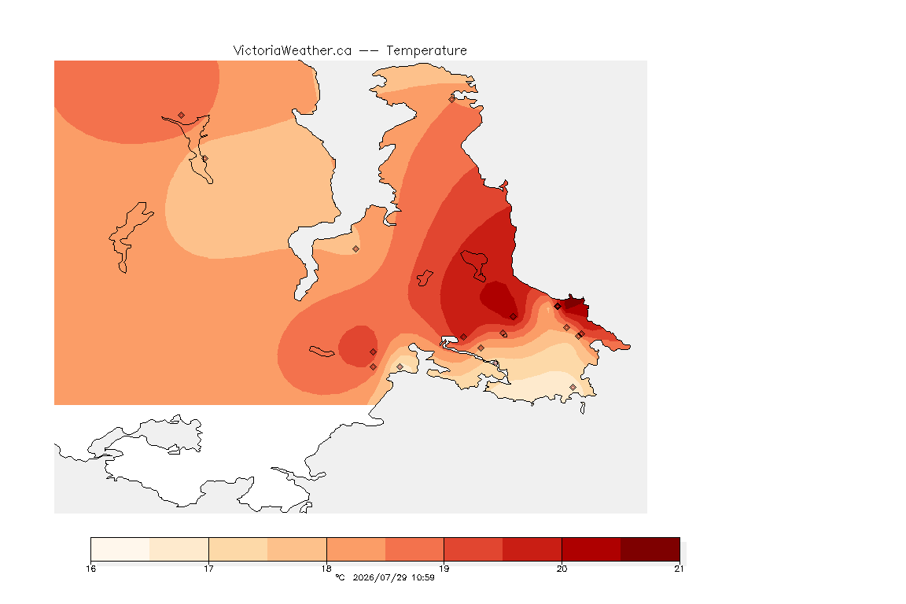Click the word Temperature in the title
click(x=426, y=51)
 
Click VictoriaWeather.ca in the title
click(x=293, y=51)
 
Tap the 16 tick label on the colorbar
click(x=90, y=569)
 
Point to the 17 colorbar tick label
click(x=208, y=569)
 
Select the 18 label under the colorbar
click(x=326, y=569)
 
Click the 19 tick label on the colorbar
click(x=444, y=569)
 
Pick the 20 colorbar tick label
click(x=562, y=569)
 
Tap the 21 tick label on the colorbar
click(x=679, y=569)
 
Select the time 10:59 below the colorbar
click(x=423, y=577)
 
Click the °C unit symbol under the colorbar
click(x=340, y=577)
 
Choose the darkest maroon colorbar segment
click(x=650, y=549)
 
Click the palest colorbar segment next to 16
click(x=120, y=549)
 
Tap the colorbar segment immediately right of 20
click(x=591, y=549)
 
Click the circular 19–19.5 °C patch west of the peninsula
click(x=358, y=346)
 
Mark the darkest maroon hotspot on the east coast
click(x=576, y=304)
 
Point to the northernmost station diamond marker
click(x=452, y=99)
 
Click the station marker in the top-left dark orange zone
click(x=182, y=116)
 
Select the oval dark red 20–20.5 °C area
click(x=499, y=299)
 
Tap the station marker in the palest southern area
click(x=573, y=387)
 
